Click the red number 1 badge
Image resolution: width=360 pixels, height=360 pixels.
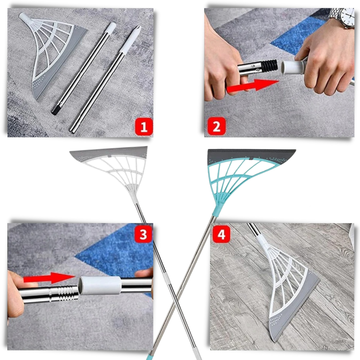click(x=143, y=127)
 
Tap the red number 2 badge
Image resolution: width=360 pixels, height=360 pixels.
click(x=216, y=127)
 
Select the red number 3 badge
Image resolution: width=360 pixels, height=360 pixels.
click(x=143, y=234)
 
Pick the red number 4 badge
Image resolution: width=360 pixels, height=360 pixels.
click(x=221, y=234)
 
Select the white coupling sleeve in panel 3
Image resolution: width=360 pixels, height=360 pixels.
click(x=99, y=285)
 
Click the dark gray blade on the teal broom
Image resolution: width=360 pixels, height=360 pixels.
click(x=251, y=154)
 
